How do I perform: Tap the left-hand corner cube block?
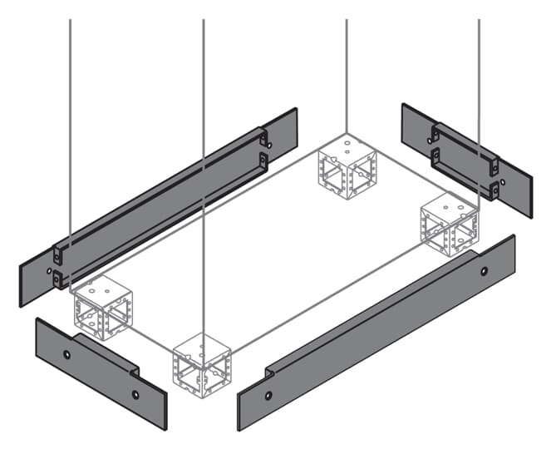101,306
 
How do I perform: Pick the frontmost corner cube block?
203,364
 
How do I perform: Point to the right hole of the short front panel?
135,395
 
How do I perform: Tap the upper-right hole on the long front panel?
485,271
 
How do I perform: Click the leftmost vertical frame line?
70,125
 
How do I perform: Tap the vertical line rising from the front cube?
204,166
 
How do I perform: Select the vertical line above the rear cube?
347,67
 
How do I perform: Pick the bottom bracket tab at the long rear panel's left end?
58,280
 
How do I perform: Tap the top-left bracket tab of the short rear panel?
434,132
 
